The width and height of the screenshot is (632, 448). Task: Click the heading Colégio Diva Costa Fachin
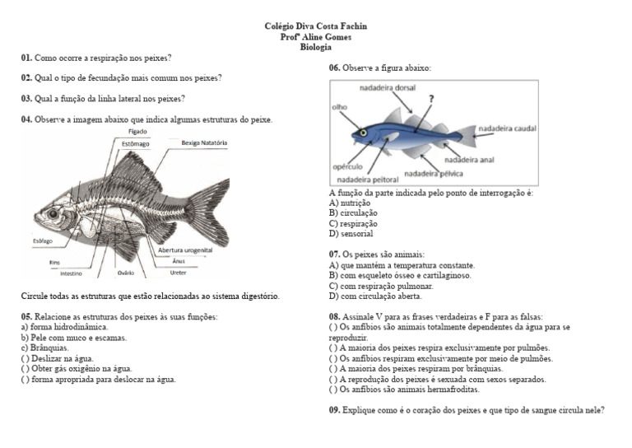315,26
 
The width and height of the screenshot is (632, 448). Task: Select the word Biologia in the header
316,47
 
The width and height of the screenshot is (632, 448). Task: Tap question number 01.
26,58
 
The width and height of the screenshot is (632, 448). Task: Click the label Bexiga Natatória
204,142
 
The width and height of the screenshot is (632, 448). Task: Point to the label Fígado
137,132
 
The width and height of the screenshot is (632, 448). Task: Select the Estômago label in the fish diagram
137,143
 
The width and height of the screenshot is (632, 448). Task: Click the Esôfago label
42,240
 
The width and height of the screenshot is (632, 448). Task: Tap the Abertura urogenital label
185,250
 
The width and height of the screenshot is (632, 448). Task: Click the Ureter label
179,272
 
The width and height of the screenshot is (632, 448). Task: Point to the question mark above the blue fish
431,98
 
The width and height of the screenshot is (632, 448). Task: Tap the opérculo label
348,166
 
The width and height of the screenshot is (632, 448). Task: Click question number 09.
335,409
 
